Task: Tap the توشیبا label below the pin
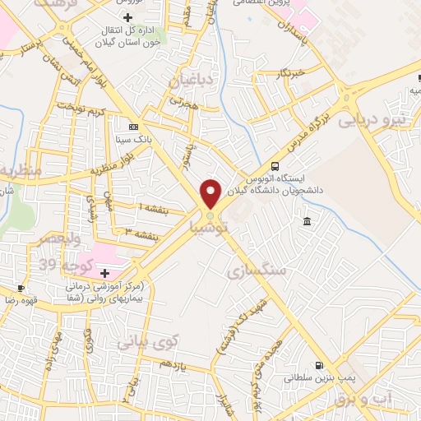click(x=210, y=224)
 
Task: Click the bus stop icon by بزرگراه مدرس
click(x=275, y=164)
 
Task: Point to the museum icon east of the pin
click(x=307, y=221)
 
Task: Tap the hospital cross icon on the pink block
click(x=104, y=272)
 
